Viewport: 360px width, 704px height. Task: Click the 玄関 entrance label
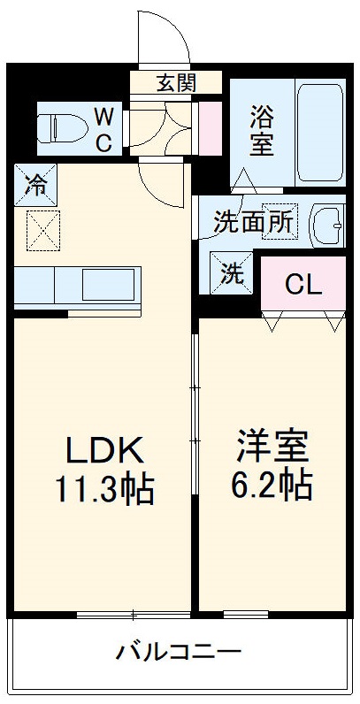tap(176, 84)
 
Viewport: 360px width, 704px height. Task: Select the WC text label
tap(104, 129)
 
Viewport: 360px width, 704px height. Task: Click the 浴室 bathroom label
tap(261, 130)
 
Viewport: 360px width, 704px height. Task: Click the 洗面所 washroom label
tap(254, 222)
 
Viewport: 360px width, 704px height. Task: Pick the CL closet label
tap(303, 285)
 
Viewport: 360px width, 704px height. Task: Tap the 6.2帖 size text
tap(272, 485)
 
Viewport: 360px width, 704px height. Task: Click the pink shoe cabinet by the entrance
tap(211, 125)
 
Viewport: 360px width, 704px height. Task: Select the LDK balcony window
tap(133, 614)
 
